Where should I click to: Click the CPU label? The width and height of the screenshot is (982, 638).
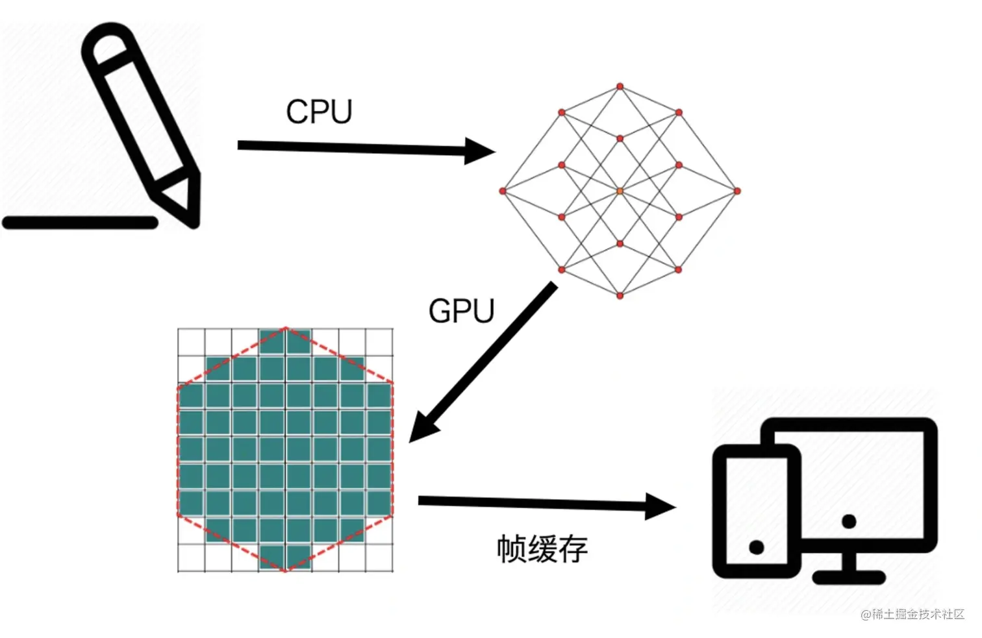pos(319,112)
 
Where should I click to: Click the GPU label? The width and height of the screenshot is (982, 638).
pos(461,311)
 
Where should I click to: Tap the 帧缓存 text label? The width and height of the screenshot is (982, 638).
pos(542,549)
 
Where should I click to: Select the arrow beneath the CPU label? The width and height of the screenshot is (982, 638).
pos(364,149)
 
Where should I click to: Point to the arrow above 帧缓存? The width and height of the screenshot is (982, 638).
pos(546,504)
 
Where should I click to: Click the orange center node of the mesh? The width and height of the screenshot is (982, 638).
pos(620,191)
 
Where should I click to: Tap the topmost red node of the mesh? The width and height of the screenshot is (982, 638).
pos(620,86)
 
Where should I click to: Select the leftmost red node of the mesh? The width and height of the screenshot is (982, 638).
pos(503,191)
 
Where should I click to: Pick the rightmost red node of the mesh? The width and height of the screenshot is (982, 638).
pos(737,191)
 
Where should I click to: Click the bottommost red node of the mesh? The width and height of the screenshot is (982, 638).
pos(620,296)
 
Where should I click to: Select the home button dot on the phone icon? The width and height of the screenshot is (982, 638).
pos(756,547)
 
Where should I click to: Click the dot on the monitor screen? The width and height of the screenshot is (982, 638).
pos(848,521)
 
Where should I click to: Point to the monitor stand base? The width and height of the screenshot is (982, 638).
pos(848,577)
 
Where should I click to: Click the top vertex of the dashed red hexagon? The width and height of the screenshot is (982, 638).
pos(285,328)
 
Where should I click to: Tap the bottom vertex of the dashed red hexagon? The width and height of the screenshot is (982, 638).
pos(285,571)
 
